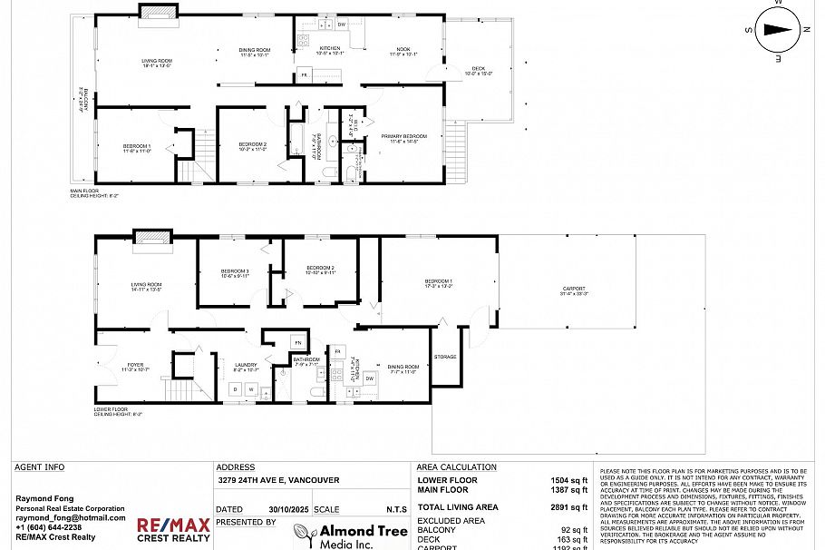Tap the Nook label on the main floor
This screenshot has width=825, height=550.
[x=403, y=49]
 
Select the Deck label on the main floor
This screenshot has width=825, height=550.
[x=478, y=70]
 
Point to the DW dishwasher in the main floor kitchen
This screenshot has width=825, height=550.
[x=342, y=24]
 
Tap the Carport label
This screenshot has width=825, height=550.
[x=574, y=289]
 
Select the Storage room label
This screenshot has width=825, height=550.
[x=444, y=357]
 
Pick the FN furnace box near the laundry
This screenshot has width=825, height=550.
[x=296, y=342]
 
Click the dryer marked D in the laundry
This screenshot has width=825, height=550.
[x=235, y=389]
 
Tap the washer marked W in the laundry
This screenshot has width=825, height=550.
[x=252, y=389]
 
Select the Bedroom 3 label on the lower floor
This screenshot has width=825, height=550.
[x=234, y=271]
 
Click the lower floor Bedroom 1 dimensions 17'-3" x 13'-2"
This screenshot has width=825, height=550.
[x=439, y=286]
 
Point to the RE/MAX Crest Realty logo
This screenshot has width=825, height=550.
[x=173, y=531]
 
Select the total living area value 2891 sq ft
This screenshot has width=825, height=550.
[x=569, y=506]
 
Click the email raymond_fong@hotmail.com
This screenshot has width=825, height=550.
[x=71, y=517]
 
